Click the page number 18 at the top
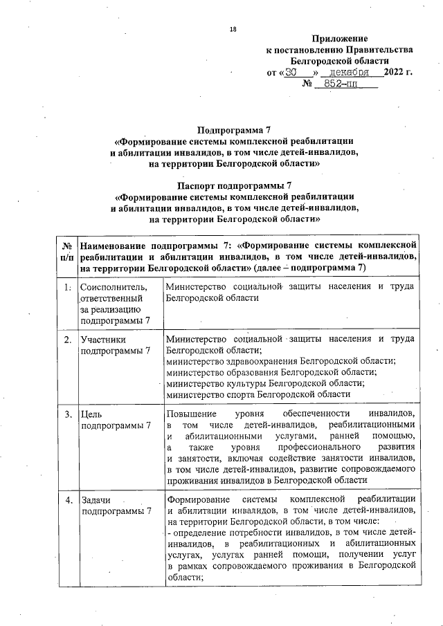pyautogui.click(x=233, y=28)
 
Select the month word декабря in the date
pyautogui.click(x=350, y=73)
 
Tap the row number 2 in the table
pyautogui.click(x=67, y=340)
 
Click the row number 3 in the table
pyautogui.click(x=67, y=414)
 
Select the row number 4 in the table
pyautogui.click(x=67, y=500)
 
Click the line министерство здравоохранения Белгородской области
pyautogui.click(x=281, y=361)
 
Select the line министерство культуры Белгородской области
pyautogui.click(x=266, y=383)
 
